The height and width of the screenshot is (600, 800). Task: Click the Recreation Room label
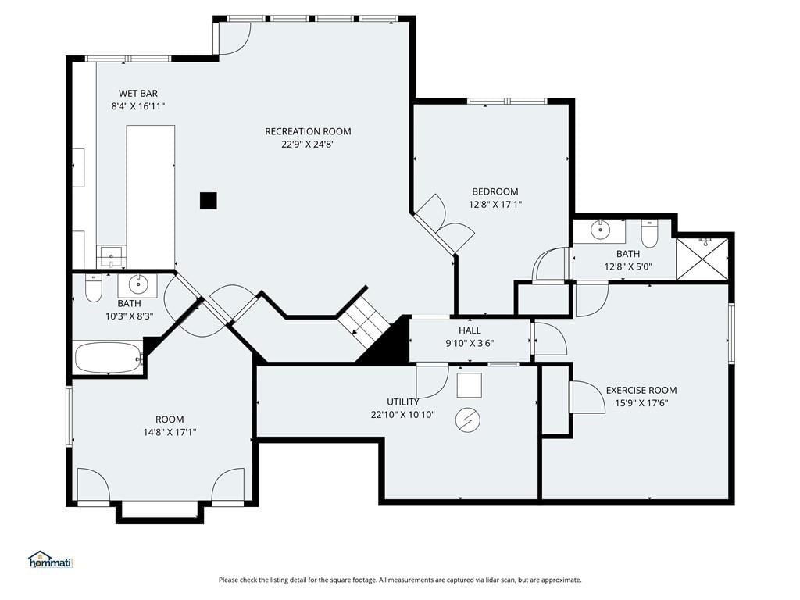(x=308, y=131)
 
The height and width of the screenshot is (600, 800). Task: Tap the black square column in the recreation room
(x=208, y=201)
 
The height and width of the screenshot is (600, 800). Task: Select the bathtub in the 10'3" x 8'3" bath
(x=109, y=358)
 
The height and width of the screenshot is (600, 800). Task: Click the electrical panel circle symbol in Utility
(x=468, y=420)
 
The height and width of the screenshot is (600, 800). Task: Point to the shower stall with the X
(x=702, y=259)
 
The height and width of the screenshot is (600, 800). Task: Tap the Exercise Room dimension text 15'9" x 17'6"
(x=641, y=403)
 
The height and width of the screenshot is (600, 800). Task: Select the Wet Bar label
(x=138, y=94)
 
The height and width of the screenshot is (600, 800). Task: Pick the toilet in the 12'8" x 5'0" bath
(x=649, y=234)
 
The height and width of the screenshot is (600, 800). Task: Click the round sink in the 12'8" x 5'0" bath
(x=600, y=230)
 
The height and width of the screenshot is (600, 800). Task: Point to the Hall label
(x=470, y=330)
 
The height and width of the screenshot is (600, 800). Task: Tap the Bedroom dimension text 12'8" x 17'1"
(x=495, y=205)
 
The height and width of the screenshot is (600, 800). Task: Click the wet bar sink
(x=111, y=256)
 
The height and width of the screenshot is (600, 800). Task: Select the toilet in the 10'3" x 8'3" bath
(x=94, y=287)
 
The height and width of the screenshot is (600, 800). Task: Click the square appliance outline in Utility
(x=469, y=386)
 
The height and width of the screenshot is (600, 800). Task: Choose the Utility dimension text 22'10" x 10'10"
(x=403, y=415)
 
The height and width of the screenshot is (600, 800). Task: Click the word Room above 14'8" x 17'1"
(x=170, y=420)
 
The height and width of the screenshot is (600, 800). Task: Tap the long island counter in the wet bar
(x=151, y=196)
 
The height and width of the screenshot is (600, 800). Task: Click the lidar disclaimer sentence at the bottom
(x=400, y=580)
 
